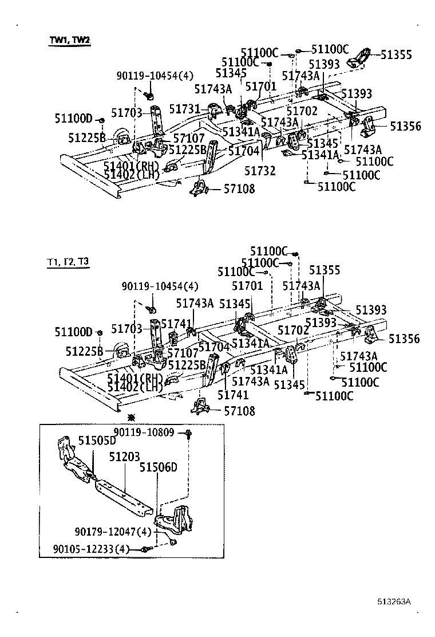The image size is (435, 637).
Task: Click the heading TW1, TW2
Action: click(69, 41)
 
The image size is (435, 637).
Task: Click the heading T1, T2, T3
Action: click(68, 262)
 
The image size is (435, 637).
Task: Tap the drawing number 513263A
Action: click(394, 602)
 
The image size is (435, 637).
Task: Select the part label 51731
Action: click(185, 108)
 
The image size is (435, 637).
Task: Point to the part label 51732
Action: click(260, 170)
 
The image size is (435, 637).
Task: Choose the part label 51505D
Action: click(97, 441)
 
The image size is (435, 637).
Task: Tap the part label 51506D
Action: click(158, 467)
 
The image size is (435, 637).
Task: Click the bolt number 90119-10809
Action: click(144, 432)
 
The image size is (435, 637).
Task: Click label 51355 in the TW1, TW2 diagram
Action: click(396, 55)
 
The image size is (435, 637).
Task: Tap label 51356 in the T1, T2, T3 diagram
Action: click(404, 339)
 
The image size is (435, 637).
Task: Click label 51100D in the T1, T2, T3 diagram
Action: click(73, 332)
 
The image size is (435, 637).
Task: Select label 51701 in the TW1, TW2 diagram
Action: click(261, 86)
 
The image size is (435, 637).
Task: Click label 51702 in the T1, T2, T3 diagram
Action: click(294, 330)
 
